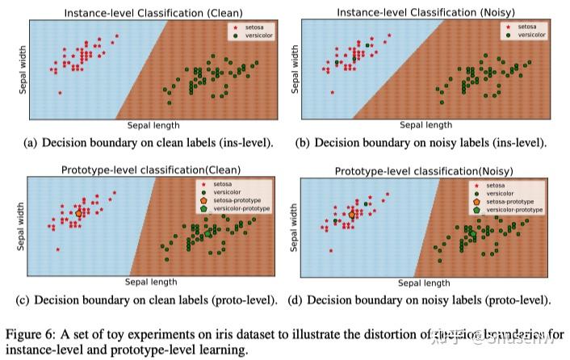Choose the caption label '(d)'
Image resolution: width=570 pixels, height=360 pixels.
pos(294,300)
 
